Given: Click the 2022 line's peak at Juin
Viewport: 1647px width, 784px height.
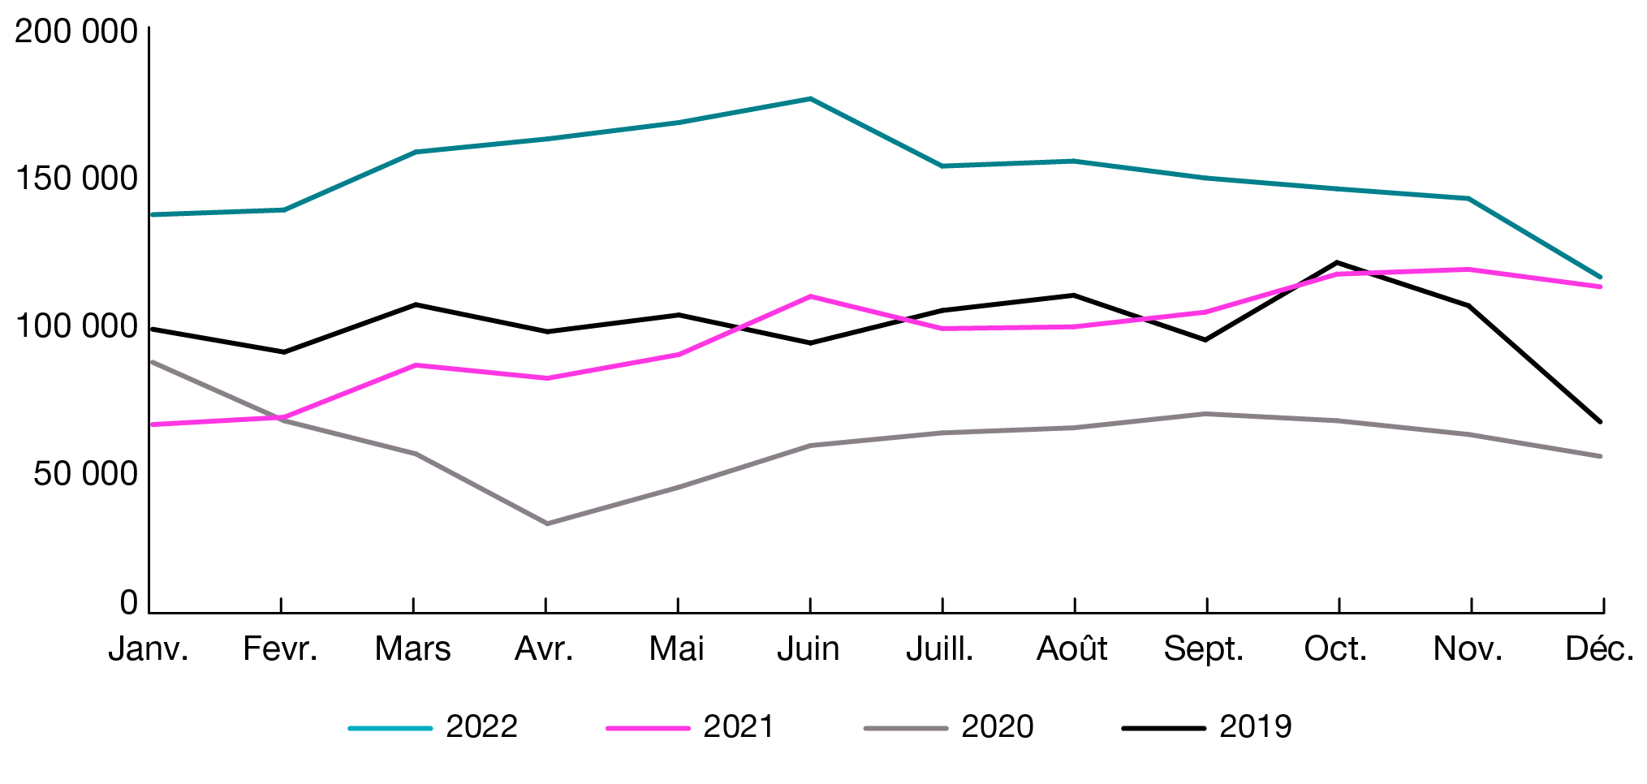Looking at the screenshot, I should (810, 99).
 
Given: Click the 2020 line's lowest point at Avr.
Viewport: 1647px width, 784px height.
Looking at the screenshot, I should (546, 523).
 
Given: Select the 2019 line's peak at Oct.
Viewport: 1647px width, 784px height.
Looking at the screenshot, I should (1337, 262).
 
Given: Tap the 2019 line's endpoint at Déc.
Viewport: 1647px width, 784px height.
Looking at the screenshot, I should (1600, 422).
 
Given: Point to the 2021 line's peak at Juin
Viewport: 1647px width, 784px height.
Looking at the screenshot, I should (810, 296).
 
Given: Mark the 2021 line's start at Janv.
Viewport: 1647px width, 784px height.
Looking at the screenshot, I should (153, 424).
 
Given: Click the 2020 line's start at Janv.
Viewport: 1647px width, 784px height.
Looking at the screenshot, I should (153, 362).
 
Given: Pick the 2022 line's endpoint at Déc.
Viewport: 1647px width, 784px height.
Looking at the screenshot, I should (1600, 277).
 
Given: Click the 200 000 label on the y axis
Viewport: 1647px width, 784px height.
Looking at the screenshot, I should (76, 32).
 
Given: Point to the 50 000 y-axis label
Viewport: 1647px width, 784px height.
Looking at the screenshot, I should (85, 474).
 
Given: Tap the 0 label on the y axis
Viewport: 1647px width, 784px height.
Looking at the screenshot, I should (128, 603).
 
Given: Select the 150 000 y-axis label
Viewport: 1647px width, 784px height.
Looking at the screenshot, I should (76, 179).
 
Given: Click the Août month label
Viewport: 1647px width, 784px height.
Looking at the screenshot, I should (1071, 649).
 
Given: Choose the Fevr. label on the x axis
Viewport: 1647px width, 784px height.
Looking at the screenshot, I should (280, 649).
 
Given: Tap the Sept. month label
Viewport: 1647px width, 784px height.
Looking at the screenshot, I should (1204, 649).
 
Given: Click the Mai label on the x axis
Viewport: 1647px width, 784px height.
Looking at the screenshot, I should (676, 649).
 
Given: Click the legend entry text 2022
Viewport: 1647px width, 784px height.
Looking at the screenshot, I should (481, 726).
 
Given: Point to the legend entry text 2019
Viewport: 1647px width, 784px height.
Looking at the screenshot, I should (1255, 726).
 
